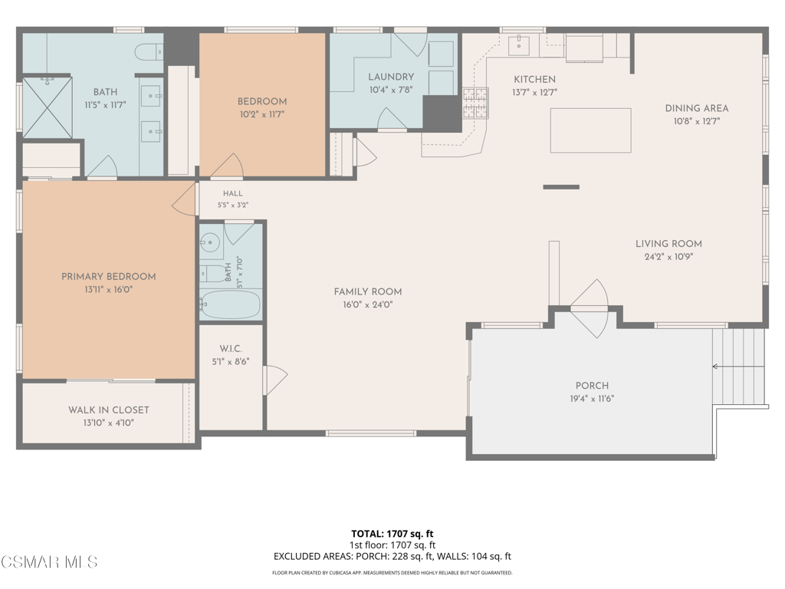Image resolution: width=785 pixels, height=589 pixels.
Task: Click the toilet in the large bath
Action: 149,52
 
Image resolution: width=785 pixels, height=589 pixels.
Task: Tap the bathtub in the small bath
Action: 230,304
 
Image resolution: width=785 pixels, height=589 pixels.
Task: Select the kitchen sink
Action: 519,45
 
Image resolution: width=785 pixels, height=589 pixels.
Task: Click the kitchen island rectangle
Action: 590,130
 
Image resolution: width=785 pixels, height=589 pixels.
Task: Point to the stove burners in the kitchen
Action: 475,104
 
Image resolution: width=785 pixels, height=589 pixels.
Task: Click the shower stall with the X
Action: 48,107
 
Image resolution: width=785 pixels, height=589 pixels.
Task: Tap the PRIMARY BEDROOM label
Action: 108,276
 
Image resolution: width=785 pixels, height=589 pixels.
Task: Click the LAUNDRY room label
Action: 391,77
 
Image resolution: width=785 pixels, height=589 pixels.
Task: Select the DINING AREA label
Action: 696,108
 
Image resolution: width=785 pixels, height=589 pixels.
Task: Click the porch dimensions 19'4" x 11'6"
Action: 592,399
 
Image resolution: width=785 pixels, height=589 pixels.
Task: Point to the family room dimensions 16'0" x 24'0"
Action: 367,304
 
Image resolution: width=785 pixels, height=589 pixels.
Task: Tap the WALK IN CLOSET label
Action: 109,410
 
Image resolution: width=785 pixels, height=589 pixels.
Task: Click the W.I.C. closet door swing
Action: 275,380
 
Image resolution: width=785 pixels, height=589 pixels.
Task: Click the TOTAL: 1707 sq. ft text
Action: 392,534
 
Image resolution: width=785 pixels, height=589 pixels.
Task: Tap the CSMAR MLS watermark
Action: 49,562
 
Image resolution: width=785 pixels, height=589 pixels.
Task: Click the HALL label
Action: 233,193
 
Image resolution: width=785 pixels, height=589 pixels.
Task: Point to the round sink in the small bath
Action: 210,243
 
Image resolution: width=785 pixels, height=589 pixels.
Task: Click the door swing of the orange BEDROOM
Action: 228,166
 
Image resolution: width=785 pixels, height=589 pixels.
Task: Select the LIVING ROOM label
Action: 668,244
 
